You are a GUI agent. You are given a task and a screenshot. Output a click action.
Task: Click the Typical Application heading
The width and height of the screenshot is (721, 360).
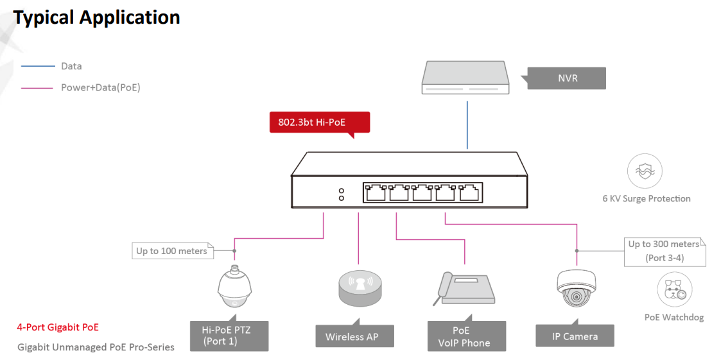tap(96, 17)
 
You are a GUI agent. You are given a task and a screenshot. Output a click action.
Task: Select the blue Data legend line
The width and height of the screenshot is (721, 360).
tap(37, 66)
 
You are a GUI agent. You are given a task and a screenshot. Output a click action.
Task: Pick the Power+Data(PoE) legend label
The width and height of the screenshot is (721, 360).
tap(100, 88)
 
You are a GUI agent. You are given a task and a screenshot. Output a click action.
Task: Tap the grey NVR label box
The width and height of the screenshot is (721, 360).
tap(568, 78)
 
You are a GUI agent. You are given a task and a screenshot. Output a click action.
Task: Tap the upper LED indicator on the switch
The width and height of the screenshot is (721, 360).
tap(342, 191)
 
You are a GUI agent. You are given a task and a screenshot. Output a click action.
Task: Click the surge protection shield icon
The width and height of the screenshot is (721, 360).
tap(645, 171)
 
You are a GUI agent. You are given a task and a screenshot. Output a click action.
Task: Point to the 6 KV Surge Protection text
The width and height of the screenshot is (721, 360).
tap(647, 199)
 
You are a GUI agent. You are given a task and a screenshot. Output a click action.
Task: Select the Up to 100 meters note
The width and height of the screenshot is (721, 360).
tap(171, 251)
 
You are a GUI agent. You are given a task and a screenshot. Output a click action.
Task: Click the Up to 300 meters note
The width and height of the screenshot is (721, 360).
tap(664, 251)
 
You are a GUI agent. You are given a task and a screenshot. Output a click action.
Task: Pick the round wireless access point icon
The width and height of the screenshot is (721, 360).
tap(359, 289)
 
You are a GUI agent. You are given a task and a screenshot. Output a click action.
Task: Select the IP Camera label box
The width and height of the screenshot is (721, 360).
tap(575, 336)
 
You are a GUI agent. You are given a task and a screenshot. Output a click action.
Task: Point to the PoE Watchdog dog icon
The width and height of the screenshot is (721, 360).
tap(674, 289)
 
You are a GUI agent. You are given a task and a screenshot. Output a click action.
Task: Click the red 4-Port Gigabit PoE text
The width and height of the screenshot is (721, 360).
tap(58, 327)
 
